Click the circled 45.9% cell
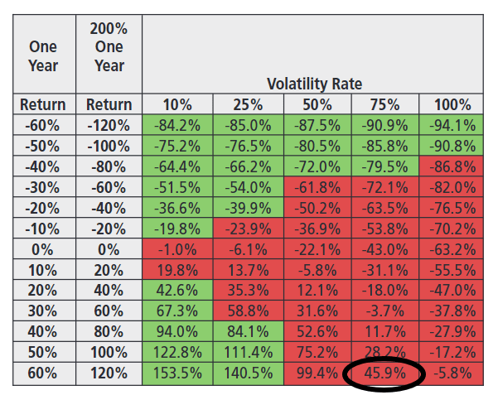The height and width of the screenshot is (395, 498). pos(384,373)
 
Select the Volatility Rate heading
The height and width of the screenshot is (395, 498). pos(314,84)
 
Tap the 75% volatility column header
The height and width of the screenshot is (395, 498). pos(384,105)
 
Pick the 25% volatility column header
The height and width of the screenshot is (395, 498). pos(248,105)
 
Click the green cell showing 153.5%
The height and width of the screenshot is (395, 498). pos(177,373)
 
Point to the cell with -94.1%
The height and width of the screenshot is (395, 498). pos(452,126)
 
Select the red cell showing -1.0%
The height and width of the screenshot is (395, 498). pos(177,249)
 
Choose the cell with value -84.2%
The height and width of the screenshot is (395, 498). pos(177,126)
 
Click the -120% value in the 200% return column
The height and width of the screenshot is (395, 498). pos(109,126)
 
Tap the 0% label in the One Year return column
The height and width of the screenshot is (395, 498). pos(43,249)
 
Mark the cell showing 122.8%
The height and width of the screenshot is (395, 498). pos(177,353)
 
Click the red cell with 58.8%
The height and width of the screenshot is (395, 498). pos(248,311)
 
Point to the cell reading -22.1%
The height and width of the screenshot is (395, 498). pos(316,249)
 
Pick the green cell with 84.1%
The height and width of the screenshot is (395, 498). pos(248,332)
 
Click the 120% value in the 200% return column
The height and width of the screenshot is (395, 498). pos(109,373)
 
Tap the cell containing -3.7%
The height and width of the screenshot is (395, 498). pos(384,311)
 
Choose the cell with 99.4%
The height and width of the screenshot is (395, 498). pos(316,373)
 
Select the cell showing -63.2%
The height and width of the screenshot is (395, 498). pos(452,249)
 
